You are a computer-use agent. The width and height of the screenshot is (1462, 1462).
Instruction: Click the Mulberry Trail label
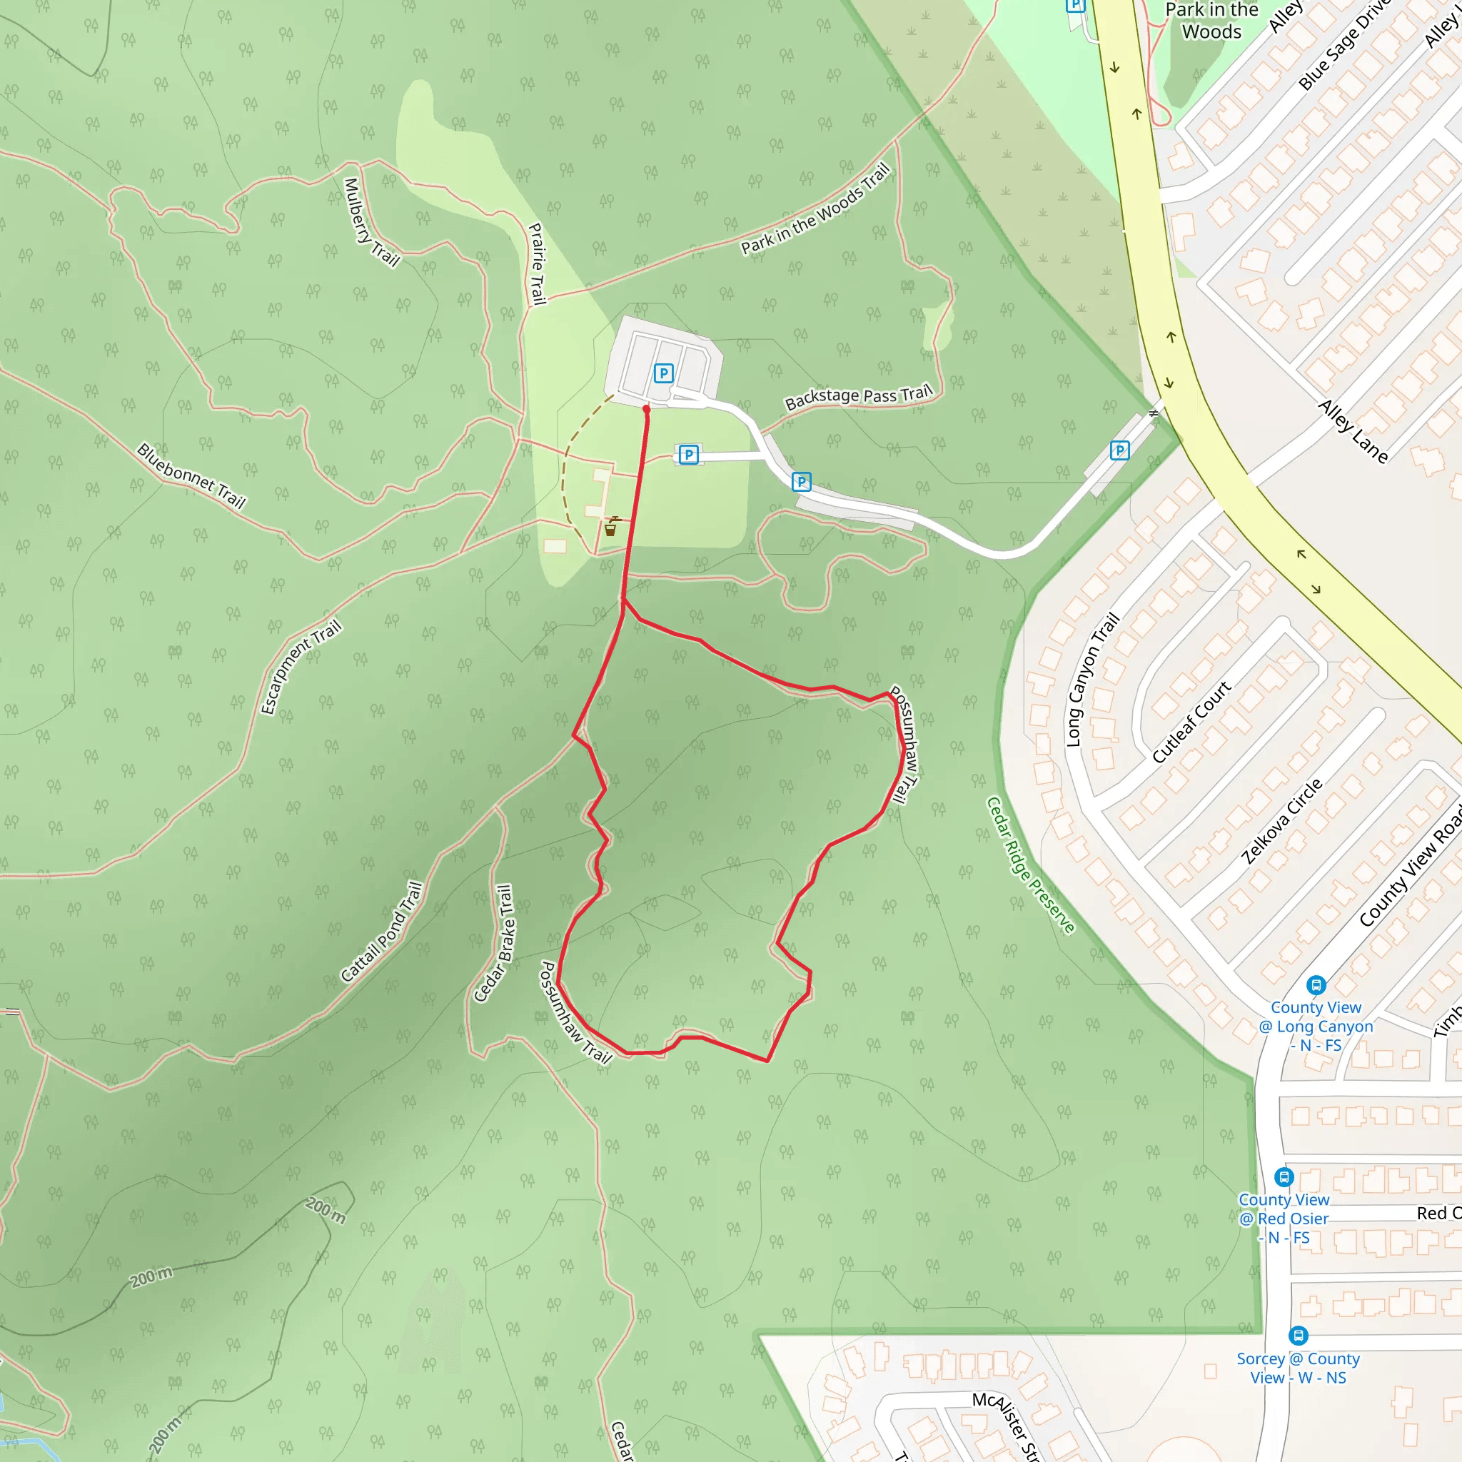point(370,223)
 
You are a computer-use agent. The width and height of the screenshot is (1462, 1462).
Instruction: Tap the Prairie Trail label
point(538,263)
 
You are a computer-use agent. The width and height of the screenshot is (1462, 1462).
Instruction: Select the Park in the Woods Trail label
point(815,210)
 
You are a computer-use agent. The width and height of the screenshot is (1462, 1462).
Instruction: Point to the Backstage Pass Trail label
point(858,396)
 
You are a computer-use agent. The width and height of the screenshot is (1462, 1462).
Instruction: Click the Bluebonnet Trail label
point(191,476)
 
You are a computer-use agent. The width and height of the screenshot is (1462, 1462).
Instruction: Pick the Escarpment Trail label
point(301,667)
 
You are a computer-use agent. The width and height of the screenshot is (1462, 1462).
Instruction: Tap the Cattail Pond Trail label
point(381,932)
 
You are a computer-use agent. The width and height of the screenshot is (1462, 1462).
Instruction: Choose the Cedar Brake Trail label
point(493,944)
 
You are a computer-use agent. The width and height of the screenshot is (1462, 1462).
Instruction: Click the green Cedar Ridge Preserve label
point(1030,865)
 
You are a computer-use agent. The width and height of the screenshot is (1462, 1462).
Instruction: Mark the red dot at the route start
point(646,409)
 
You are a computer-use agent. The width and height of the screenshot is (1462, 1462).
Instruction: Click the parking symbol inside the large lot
point(664,373)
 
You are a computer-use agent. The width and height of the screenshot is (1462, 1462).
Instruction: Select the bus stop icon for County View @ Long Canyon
point(1316,985)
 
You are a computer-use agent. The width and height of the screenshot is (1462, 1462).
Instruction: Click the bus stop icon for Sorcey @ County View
point(1299,1336)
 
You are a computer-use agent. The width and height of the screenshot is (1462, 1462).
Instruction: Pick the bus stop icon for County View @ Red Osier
point(1284,1177)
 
